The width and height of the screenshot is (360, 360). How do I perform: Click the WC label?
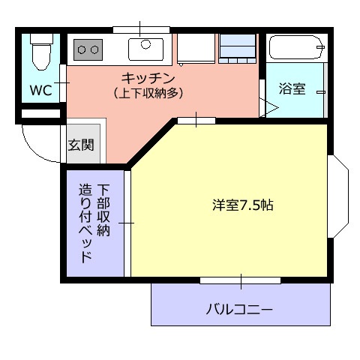[41, 91]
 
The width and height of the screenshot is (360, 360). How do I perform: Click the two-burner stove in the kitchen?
[88, 50]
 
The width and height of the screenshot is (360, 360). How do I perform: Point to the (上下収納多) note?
[148, 93]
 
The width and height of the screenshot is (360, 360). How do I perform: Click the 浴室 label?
[292, 88]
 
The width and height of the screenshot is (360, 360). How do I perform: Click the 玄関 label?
[81, 145]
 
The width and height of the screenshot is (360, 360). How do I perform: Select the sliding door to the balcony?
[241, 280]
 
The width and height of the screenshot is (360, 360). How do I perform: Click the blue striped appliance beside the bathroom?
[238, 49]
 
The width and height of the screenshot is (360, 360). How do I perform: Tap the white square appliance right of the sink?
[196, 49]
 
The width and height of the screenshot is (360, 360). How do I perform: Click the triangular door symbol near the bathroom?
[268, 107]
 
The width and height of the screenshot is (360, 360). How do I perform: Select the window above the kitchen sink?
[140, 29]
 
